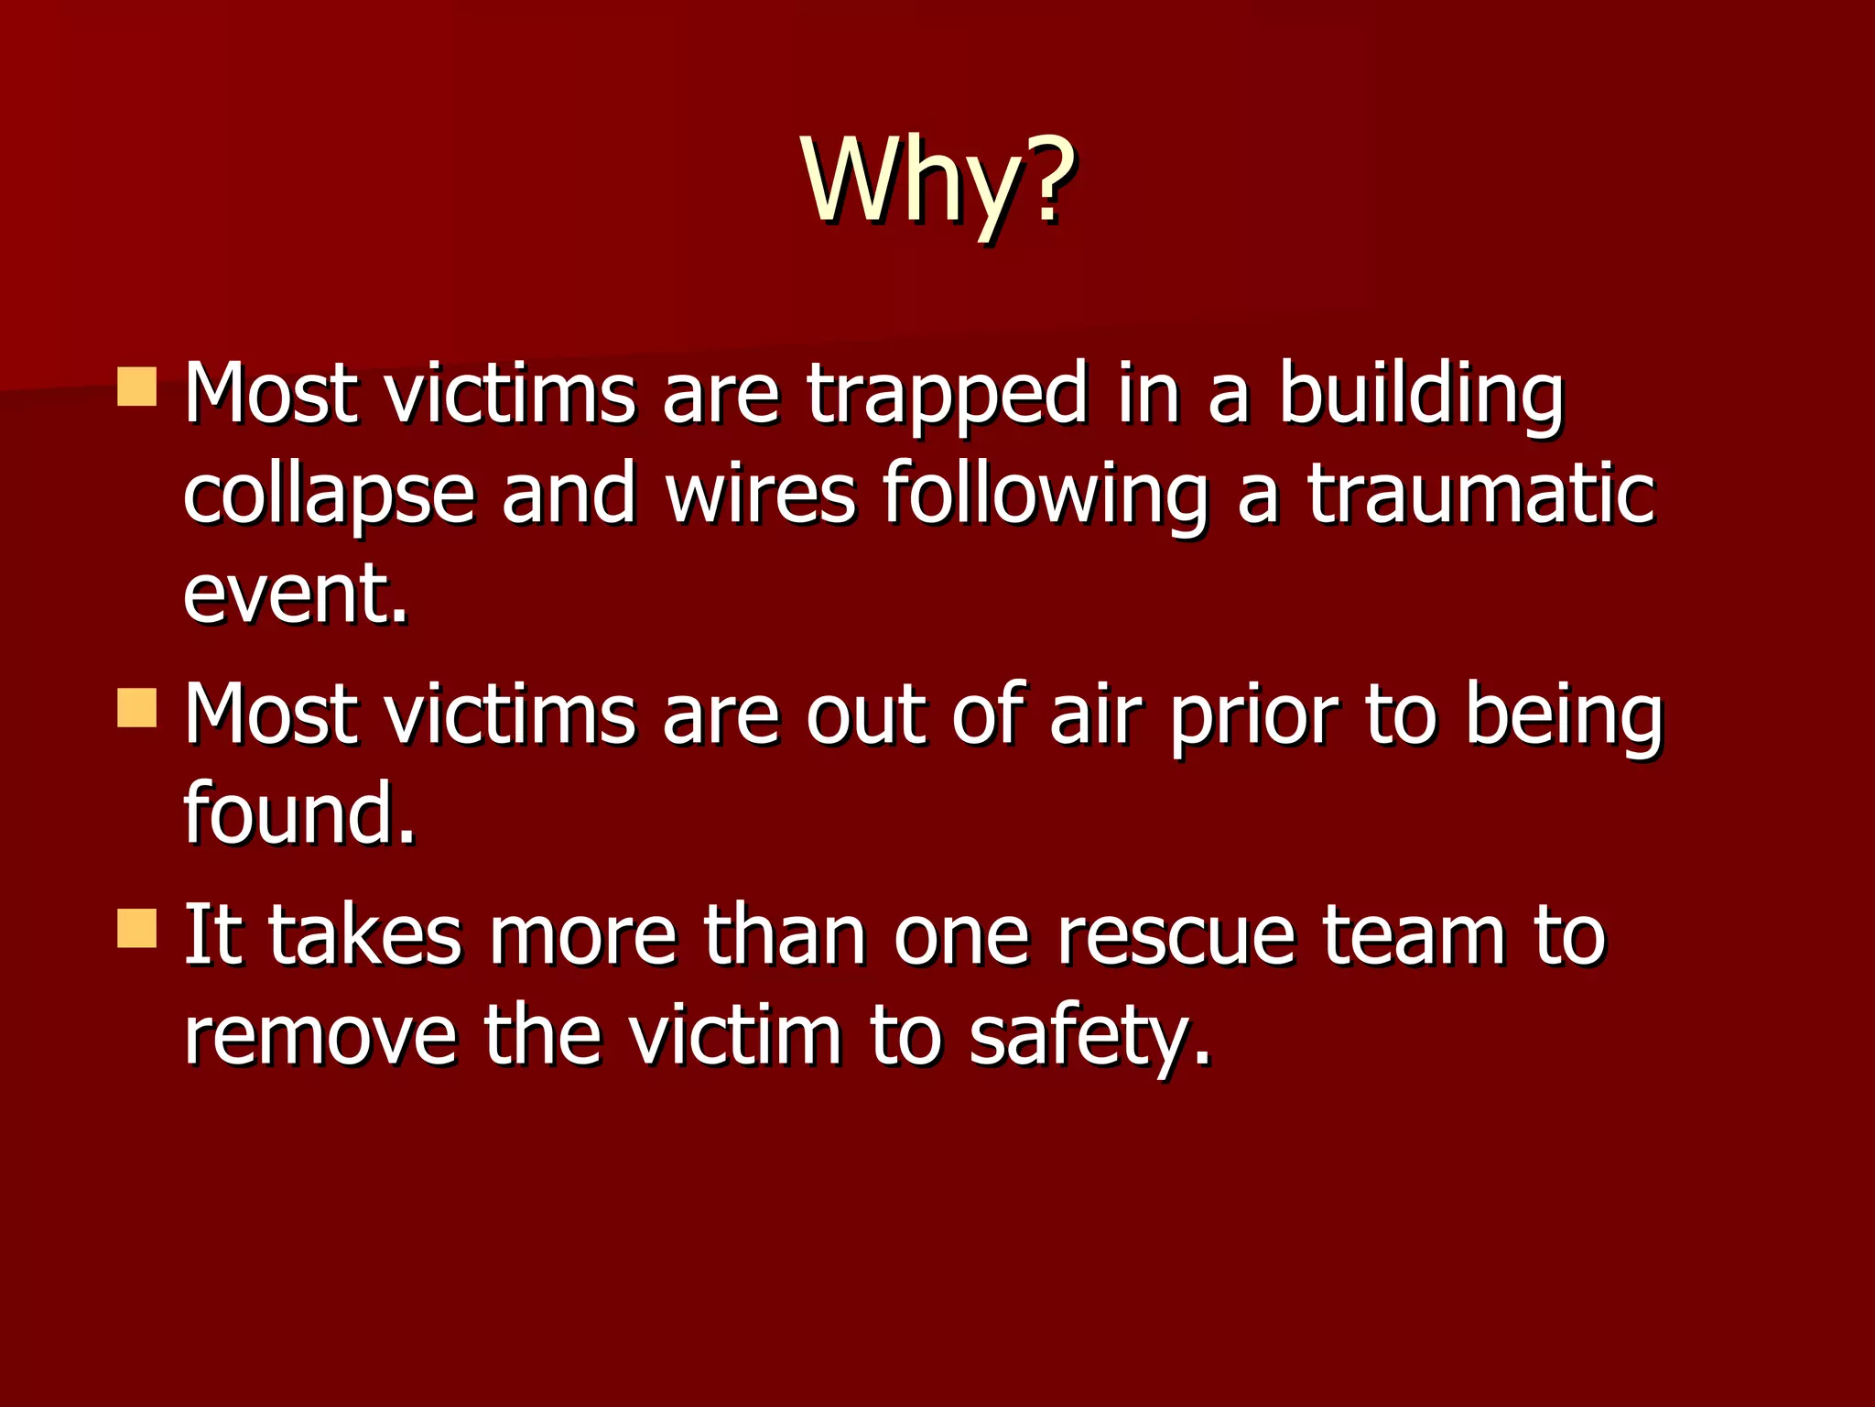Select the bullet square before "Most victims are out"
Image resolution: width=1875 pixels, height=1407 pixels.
(137, 708)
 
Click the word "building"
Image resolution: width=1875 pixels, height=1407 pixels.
(1421, 396)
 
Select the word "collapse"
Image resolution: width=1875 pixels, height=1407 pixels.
(329, 495)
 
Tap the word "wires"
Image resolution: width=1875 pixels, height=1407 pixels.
(760, 495)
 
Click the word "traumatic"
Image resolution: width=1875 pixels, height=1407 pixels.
(1480, 495)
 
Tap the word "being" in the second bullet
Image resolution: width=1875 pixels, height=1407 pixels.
(1563, 716)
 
